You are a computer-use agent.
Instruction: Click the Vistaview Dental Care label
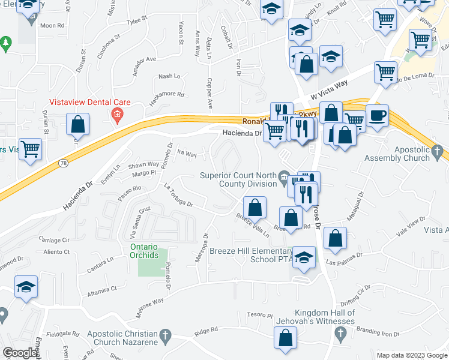click(89, 101)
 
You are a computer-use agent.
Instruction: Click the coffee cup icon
click(377, 116)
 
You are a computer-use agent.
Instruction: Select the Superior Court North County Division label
click(239, 179)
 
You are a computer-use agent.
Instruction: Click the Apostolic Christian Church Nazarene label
click(122, 337)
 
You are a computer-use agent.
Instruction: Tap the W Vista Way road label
click(329, 91)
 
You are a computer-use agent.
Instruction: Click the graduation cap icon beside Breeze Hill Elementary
click(304, 257)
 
